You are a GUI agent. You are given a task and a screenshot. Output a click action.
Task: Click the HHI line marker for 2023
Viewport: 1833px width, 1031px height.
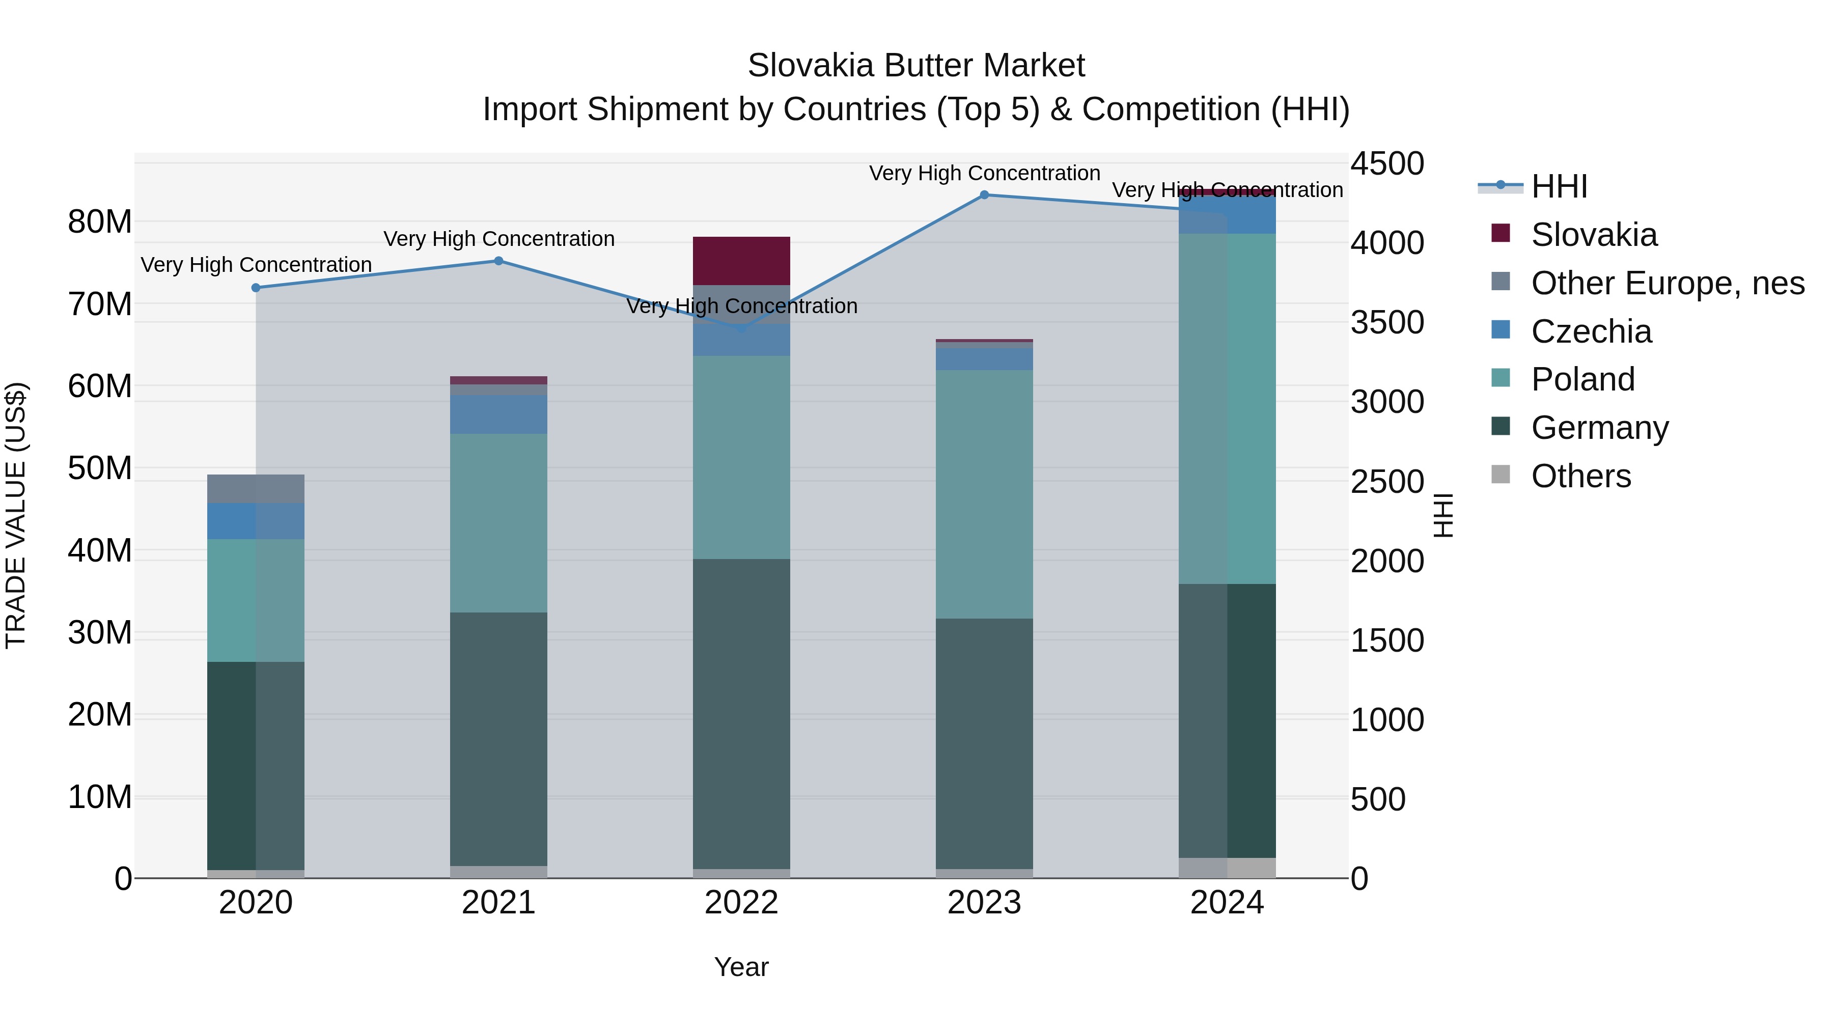tap(984, 195)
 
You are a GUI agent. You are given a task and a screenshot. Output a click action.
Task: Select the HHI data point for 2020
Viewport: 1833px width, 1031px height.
tap(256, 288)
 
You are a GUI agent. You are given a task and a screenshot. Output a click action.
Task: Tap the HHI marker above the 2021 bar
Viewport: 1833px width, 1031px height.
tap(499, 261)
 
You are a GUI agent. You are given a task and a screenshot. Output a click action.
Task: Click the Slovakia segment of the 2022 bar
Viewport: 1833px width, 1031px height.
tap(741, 260)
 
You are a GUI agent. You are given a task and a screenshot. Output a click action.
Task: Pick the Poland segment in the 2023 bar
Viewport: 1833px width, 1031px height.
tap(984, 494)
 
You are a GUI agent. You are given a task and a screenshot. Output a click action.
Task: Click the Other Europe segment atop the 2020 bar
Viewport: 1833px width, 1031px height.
tap(256, 489)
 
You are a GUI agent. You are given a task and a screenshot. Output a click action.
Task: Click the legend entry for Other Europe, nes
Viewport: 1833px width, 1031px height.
tap(1667, 283)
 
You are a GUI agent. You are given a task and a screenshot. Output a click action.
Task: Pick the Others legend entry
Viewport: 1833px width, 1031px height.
tap(1580, 476)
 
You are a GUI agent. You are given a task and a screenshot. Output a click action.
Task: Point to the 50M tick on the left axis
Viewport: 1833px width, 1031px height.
tap(100, 468)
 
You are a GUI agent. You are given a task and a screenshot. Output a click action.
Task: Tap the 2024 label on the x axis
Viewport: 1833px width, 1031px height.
tap(1227, 903)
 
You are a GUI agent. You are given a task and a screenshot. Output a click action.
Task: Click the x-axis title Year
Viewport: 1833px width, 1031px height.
tap(741, 967)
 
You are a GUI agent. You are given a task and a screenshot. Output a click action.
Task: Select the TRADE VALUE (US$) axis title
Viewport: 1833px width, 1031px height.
tap(16, 515)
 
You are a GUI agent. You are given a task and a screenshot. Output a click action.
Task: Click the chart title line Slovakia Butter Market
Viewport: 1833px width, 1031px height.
tap(916, 66)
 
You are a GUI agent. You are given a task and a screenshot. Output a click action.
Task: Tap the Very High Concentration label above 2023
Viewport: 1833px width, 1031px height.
tap(984, 173)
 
